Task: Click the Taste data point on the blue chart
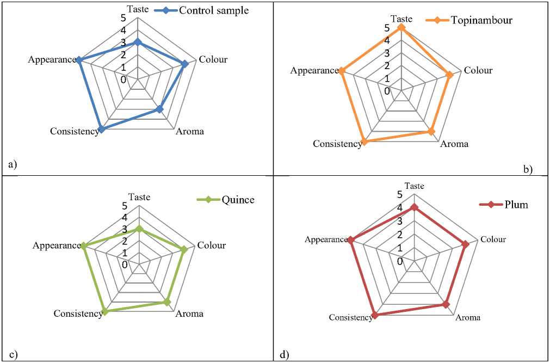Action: coord(138,42)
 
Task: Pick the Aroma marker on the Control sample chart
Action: coord(159,109)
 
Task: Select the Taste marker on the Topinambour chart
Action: coord(401,27)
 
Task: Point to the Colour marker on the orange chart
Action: coord(450,75)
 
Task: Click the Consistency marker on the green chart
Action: coord(105,312)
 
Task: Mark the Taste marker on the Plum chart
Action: coord(415,207)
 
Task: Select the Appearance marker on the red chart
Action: coord(351,240)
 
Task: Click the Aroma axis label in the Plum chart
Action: coord(468,318)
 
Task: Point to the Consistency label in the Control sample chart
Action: coord(75,131)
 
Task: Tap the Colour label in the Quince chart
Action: coord(211,245)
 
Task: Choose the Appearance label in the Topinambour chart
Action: coord(314,71)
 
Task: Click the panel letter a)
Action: coord(12,163)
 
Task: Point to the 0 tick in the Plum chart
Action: coord(399,261)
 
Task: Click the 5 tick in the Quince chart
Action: coord(125,206)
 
